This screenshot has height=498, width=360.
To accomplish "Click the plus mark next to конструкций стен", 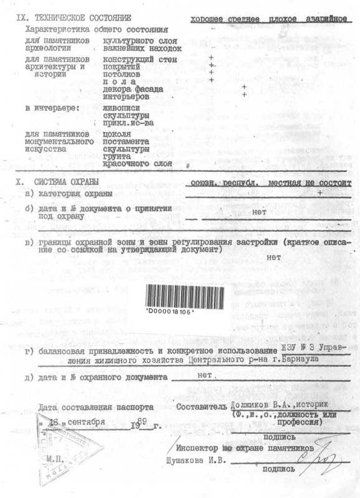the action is (212, 58).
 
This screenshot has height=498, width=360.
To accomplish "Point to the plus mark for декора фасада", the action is (244, 87).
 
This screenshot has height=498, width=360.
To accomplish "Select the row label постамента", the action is (126, 141).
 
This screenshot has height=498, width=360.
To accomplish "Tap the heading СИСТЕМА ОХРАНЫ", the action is (67, 182).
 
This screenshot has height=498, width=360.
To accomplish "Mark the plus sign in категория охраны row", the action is (320, 194).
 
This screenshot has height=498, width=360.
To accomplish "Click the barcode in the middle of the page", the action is (185, 297).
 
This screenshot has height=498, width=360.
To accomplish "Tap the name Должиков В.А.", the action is (257, 405).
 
